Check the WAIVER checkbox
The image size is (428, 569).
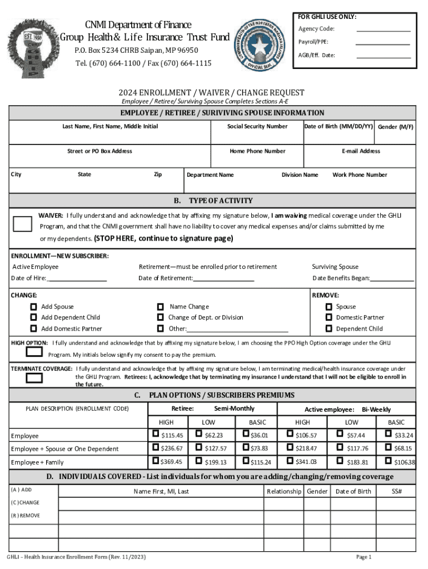tap(22, 224)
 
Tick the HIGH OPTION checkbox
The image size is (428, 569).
tap(34, 351)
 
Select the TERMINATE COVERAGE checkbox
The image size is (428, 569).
tap(34, 378)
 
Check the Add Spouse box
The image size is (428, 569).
tap(34, 307)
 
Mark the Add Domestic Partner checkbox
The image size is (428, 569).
tap(34, 328)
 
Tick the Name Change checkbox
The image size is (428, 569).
tap(161, 306)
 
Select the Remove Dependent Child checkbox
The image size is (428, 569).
tap(329, 328)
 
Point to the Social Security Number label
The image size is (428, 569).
tap(257, 127)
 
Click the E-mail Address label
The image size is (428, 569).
tap(361, 151)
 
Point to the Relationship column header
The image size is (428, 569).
tap(284, 491)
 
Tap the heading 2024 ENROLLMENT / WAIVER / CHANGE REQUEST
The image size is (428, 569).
tap(211, 93)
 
